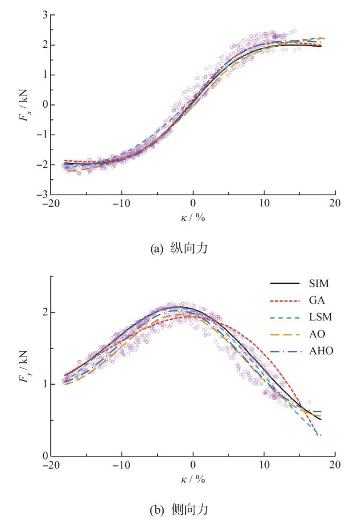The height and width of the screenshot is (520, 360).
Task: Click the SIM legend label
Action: (x=319, y=283)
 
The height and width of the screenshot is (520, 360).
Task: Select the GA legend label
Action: (x=317, y=300)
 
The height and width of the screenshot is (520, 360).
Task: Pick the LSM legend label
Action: (x=321, y=317)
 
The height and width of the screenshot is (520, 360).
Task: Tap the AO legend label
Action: (x=317, y=334)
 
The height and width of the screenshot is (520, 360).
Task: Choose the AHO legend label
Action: (x=321, y=351)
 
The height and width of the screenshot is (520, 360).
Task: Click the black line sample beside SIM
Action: (x=285, y=283)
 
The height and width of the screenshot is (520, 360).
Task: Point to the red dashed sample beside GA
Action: (x=285, y=301)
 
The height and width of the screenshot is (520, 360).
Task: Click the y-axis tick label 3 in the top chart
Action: (x=45, y=15)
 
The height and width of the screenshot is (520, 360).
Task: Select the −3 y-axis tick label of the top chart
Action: (x=42, y=195)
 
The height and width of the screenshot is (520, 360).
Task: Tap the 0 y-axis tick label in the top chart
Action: (x=45, y=105)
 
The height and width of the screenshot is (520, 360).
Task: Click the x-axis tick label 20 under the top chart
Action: (x=335, y=203)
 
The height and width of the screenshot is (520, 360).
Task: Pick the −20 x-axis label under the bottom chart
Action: (x=51, y=465)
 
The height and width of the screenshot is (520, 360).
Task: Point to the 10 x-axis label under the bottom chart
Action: (x=264, y=465)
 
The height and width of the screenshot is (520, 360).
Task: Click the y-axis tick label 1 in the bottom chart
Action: (x=45, y=384)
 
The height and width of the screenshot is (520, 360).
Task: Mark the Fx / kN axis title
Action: (x=24, y=105)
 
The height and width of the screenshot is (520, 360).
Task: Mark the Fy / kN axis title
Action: (x=24, y=367)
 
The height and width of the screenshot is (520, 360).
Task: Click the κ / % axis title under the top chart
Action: (x=193, y=218)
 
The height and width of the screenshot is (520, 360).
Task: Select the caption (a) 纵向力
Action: (x=179, y=248)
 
